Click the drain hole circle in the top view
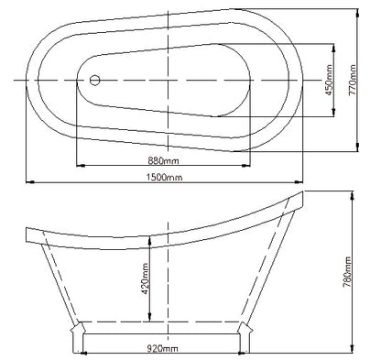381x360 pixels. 94,80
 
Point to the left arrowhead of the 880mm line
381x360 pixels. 78,166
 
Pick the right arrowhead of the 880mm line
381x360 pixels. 249,166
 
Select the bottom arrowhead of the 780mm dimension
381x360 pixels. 353,353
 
